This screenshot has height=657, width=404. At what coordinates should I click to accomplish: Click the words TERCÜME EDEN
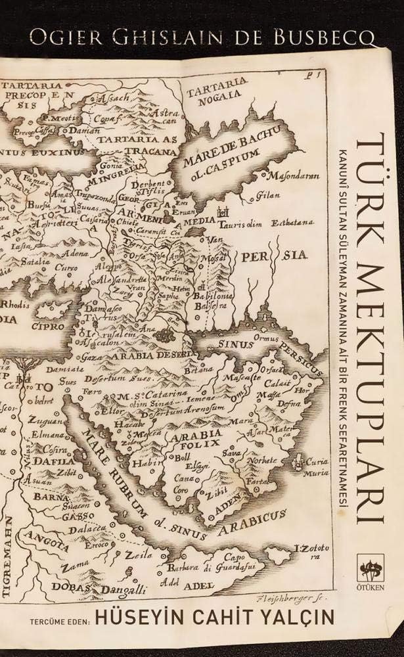click(x=57, y=619)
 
